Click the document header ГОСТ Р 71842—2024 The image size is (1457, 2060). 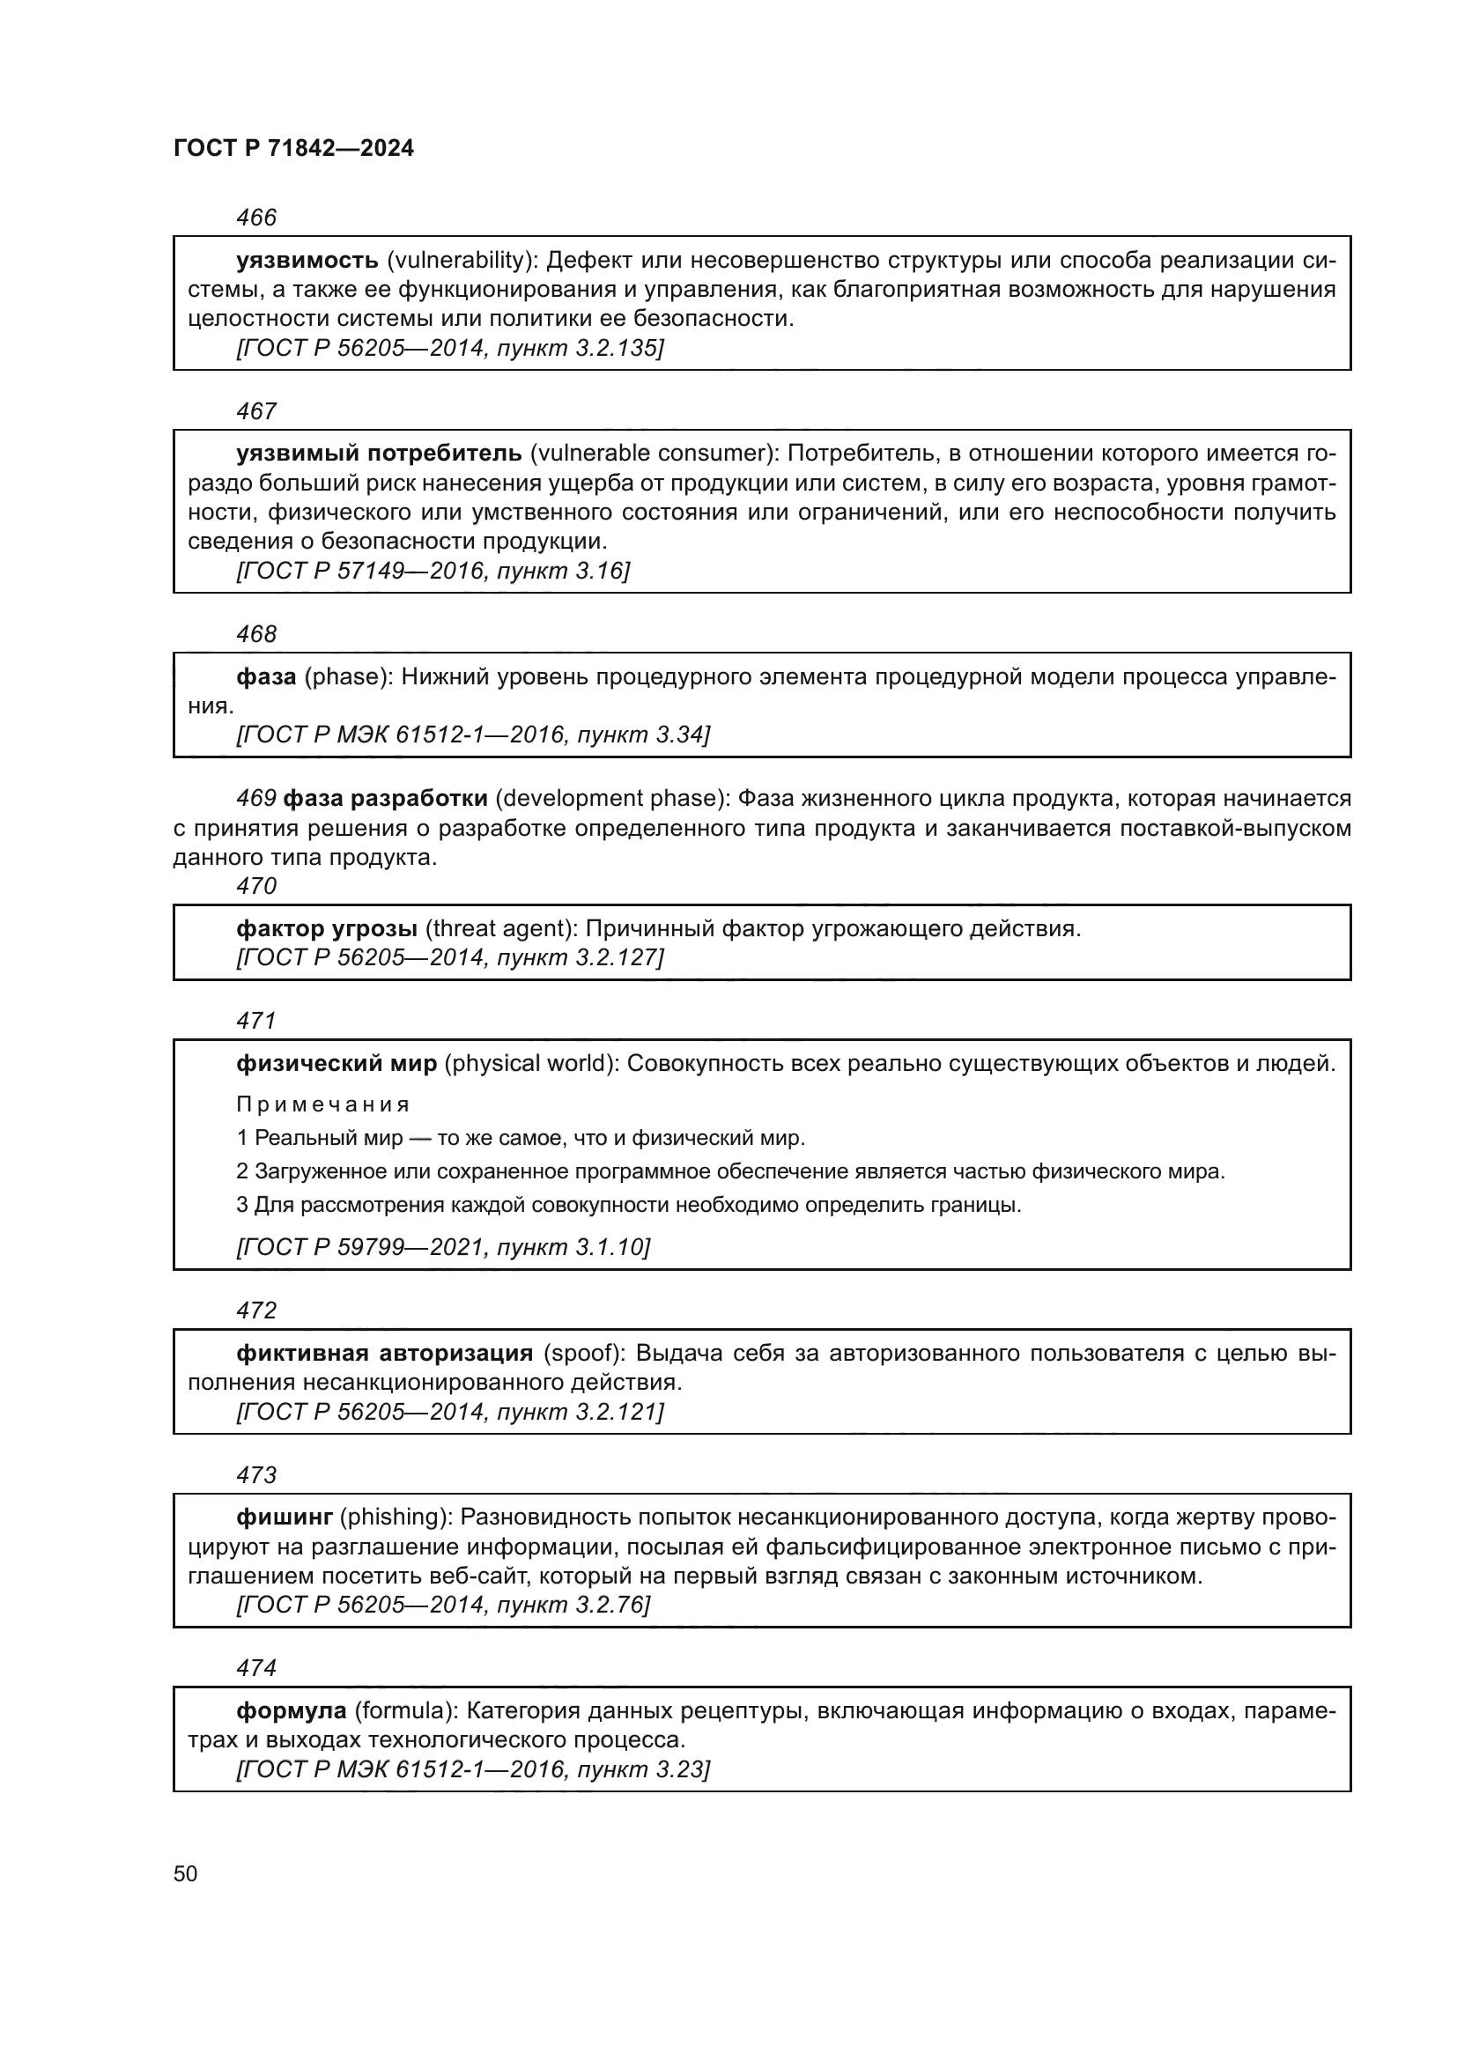pos(293,148)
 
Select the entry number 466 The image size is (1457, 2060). pos(256,218)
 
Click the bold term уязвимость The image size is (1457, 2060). pos(307,260)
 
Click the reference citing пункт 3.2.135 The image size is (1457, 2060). pos(449,348)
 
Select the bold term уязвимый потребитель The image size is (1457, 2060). pos(379,454)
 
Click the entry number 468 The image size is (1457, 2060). pos(256,634)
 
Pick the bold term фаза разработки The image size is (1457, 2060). pos(386,799)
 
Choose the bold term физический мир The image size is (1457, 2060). pos(337,1064)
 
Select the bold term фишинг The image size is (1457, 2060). pos(285,1517)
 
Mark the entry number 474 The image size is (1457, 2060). pos(256,1668)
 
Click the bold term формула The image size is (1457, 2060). pos(292,1711)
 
